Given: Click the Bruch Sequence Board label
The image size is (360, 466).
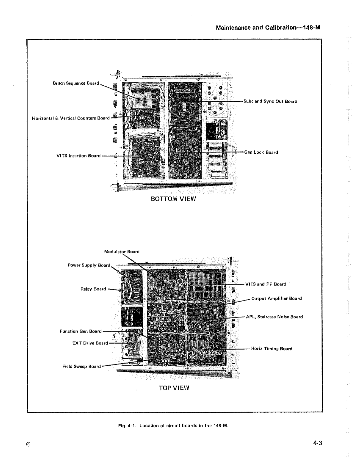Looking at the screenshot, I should coord(76,83).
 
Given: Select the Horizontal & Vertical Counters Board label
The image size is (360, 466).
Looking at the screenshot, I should coord(71,118).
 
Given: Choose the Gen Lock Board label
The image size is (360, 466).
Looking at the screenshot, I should coord(261,152).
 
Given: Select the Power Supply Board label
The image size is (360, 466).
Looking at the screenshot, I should coord(89,265).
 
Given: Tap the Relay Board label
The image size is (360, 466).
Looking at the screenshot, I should coord(93,289).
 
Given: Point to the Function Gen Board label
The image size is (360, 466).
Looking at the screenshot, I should coord(80,331).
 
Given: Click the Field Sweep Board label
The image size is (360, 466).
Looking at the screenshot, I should coord(82,366).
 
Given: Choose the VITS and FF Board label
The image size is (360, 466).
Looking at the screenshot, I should coord(266,284).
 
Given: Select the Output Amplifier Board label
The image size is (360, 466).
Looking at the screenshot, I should coord(276,299).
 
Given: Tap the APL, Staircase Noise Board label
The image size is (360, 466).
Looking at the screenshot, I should coord(274,317).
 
